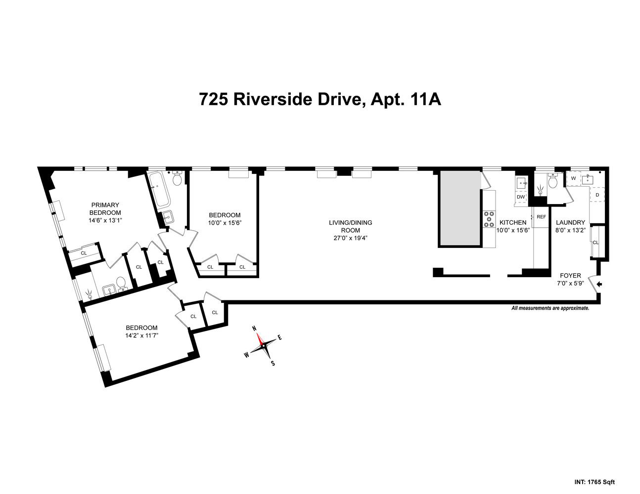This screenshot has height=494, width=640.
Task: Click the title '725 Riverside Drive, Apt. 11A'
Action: pos(320,99)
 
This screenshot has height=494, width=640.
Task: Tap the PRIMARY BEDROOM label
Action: pos(105,208)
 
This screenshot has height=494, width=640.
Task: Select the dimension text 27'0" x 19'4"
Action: pos(350,238)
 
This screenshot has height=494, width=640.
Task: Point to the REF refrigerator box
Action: pos(541,217)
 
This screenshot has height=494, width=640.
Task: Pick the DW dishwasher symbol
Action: pos(520,197)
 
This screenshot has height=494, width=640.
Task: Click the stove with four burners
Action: pos(489,219)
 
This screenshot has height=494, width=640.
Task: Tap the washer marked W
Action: pos(573,178)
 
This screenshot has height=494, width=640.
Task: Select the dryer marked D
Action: pos(597,195)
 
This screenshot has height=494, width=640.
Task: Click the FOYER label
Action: pos(570,276)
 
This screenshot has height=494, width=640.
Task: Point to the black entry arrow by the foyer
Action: pos(600,284)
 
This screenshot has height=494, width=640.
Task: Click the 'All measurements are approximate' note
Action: pos(550,308)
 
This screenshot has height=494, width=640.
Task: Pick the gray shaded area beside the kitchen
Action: pos(460,208)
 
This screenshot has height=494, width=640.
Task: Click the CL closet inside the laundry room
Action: pos(595,242)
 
